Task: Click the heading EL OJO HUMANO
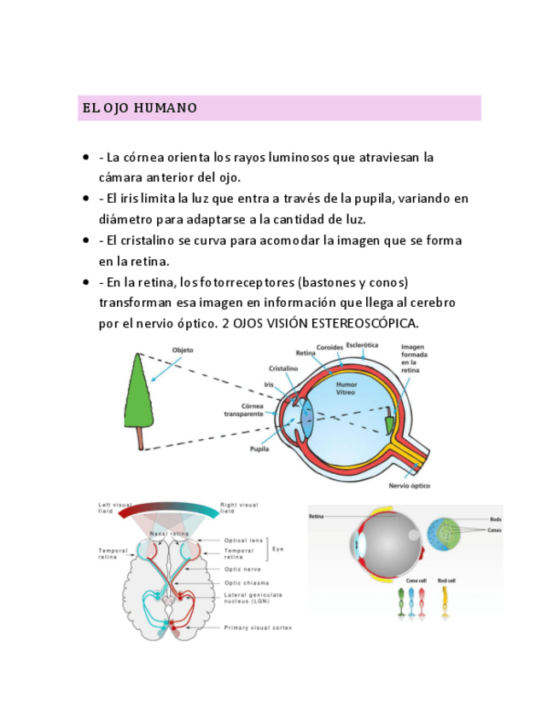pos(140,108)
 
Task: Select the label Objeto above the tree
pos(183,350)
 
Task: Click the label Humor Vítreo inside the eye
pos(346,388)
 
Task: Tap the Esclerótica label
pos(363,344)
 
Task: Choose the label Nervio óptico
pos(410,486)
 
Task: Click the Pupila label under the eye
pos(259,448)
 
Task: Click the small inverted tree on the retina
pos(388,419)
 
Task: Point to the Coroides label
pos(329,347)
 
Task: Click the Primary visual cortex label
pos(258,628)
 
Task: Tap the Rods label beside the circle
pos(495,518)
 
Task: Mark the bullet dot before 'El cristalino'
pos(86,240)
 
